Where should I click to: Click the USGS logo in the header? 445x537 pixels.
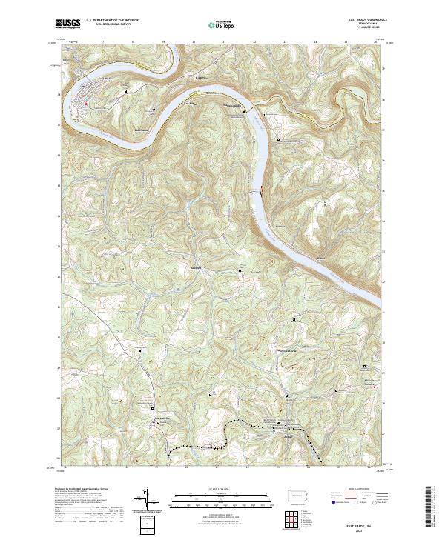67,24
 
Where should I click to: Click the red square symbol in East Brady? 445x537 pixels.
86,104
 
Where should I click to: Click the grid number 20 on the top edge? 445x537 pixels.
194,42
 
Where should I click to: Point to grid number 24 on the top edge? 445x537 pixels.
314,42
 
